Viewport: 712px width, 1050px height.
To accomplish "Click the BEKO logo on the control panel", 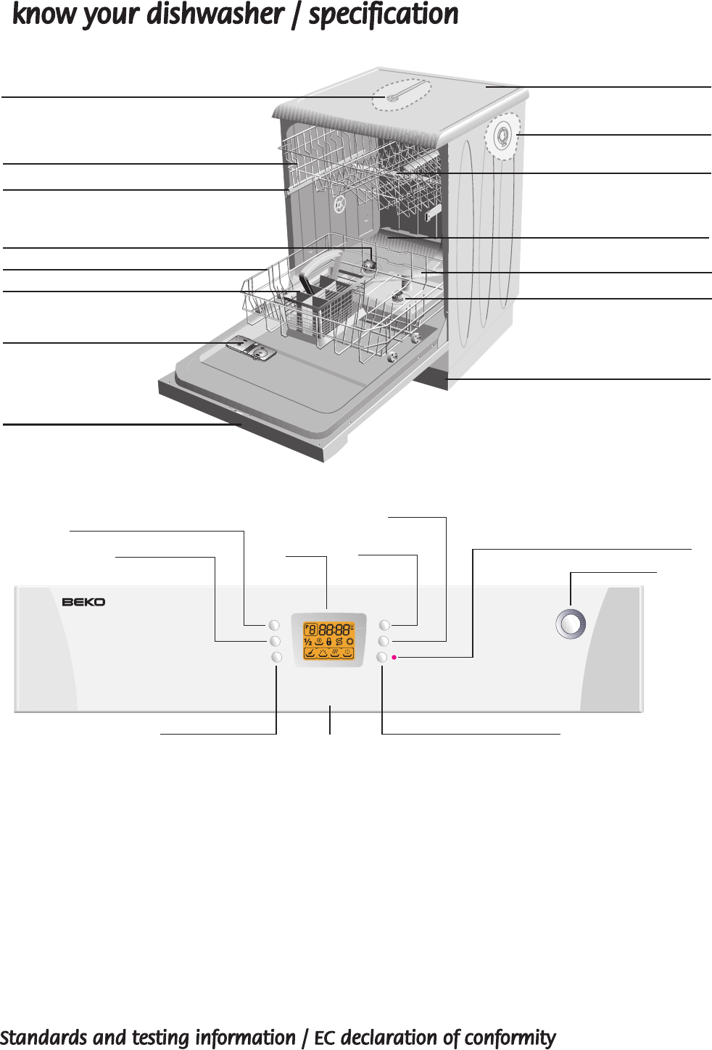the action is (x=83, y=602).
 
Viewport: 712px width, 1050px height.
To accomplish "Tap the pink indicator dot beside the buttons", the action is (x=394, y=658).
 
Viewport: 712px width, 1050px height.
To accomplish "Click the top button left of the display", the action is (x=274, y=625).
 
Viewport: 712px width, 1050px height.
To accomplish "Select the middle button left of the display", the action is (x=275, y=641).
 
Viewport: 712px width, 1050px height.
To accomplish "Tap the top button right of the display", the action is (x=384, y=625).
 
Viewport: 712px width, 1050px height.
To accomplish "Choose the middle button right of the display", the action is (x=384, y=641).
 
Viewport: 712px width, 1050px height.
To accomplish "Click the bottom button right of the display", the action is (x=382, y=657).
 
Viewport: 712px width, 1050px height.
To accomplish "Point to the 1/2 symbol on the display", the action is (x=308, y=642).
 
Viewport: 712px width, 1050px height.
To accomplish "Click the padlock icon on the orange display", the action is (x=329, y=642).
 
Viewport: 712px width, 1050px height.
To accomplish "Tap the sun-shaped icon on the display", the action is (x=349, y=642).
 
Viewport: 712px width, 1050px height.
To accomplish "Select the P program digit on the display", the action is (x=310, y=629).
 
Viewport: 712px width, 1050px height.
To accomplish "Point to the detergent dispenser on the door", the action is (x=251, y=350).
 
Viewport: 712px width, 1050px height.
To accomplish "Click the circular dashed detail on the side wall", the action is (x=502, y=136).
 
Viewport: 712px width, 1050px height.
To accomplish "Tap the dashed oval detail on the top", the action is (x=401, y=95).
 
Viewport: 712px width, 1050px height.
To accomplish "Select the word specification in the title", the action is (x=384, y=15).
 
